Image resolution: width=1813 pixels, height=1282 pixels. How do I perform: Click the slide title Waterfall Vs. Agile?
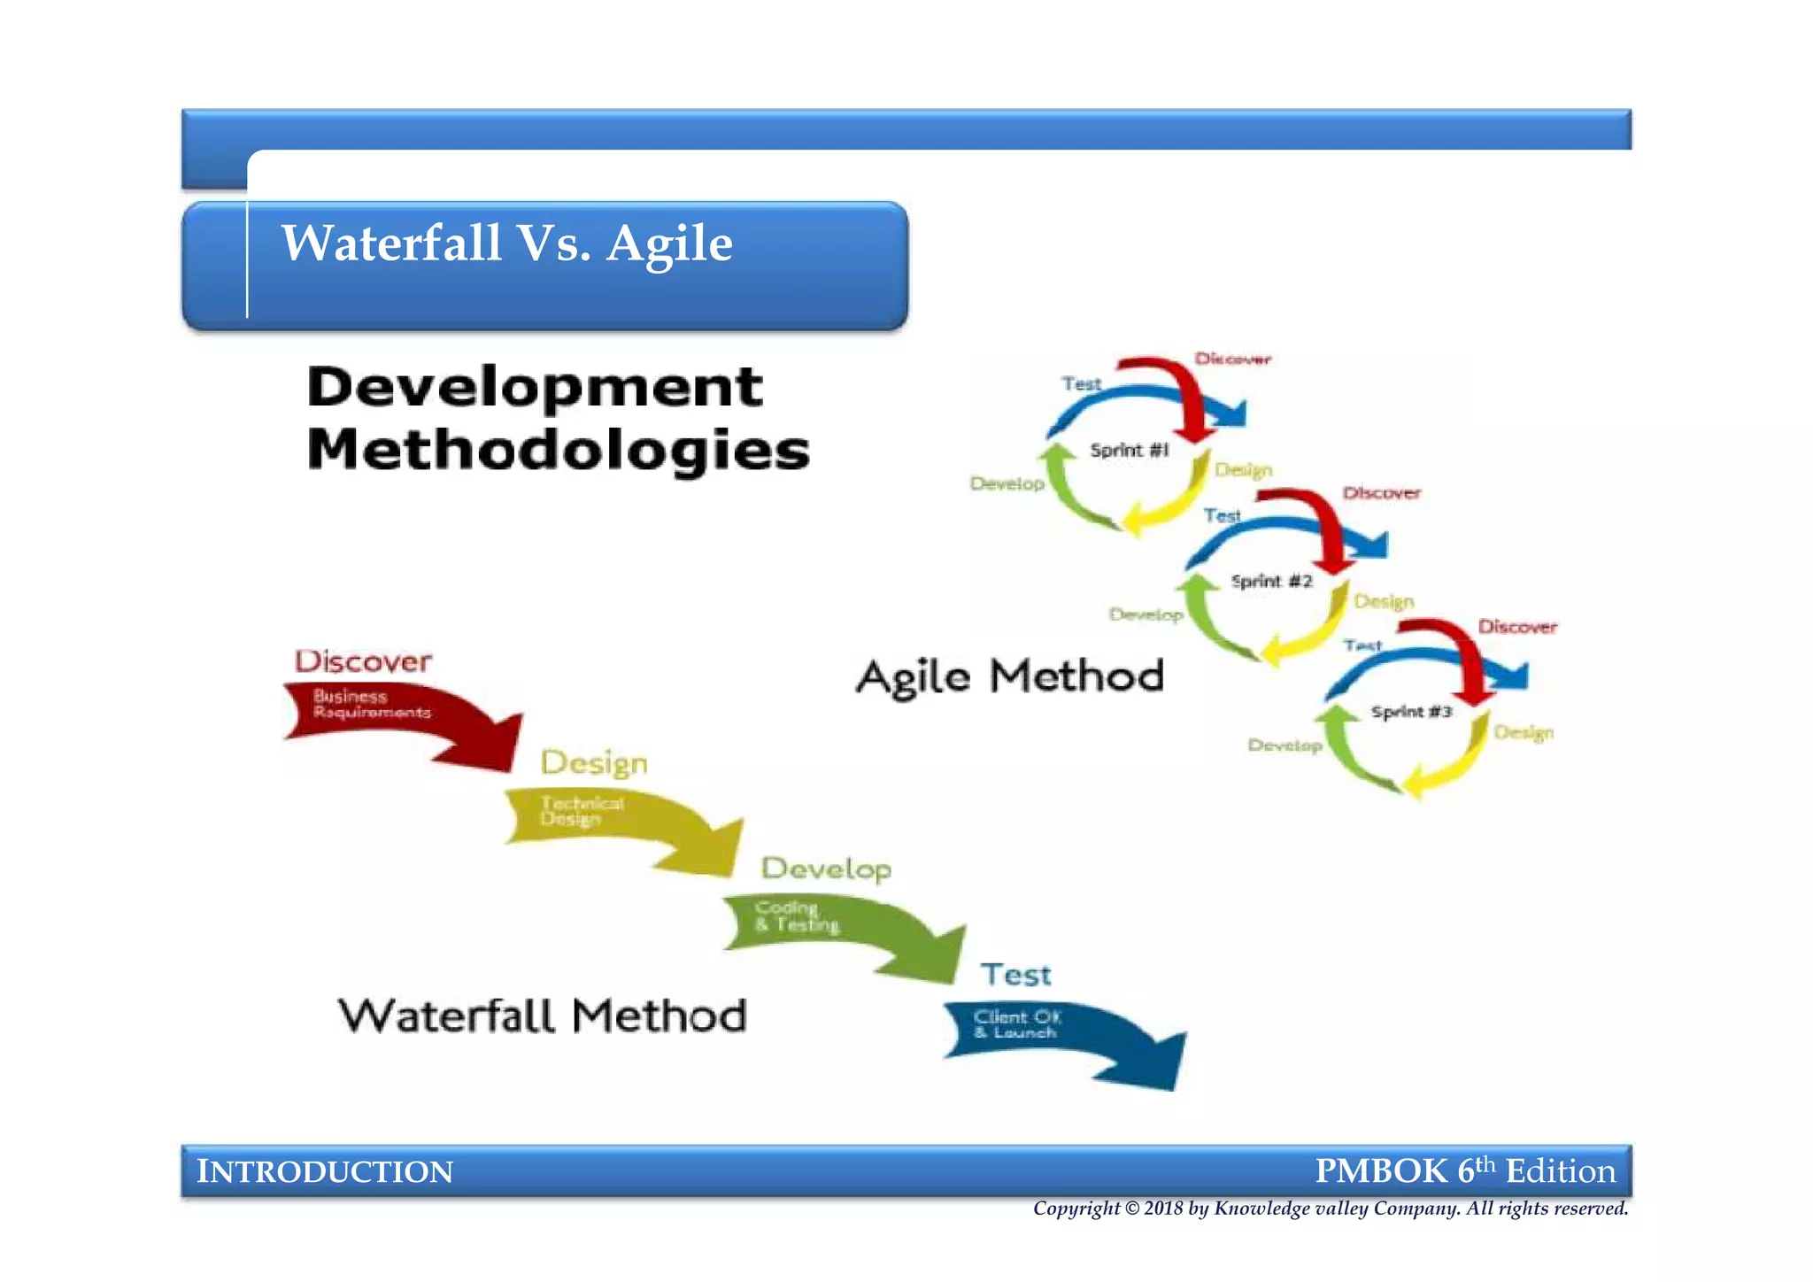pos(506,243)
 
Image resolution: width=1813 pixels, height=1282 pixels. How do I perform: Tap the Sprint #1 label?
pos(1129,450)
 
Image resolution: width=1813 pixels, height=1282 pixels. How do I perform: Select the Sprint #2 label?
pos(1271,581)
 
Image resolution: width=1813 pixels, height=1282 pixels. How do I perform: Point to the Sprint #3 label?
pos(1411,712)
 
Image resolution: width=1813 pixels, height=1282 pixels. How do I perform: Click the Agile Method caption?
pos(1010,677)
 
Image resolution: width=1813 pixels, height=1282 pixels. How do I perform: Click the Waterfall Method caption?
pos(543,1016)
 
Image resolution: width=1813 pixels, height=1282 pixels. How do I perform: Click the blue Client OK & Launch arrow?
pos(1062,1036)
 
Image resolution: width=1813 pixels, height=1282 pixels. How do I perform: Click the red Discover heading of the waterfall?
pos(363,661)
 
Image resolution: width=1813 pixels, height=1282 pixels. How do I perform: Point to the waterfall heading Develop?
pos(826,869)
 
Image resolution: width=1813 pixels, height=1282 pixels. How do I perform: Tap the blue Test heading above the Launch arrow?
pos(1015,975)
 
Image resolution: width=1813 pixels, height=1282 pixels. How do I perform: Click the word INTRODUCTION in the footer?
pos(325,1171)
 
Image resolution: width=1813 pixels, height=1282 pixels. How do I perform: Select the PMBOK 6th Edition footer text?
pos(1465,1170)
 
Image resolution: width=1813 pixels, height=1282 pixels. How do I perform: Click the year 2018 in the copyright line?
pos(1162,1209)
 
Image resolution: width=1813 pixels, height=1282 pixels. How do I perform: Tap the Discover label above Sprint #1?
pos(1232,359)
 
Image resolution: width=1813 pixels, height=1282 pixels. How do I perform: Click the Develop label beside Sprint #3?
pos(1285,745)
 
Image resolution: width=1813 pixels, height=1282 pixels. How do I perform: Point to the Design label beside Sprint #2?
pos(1384,601)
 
